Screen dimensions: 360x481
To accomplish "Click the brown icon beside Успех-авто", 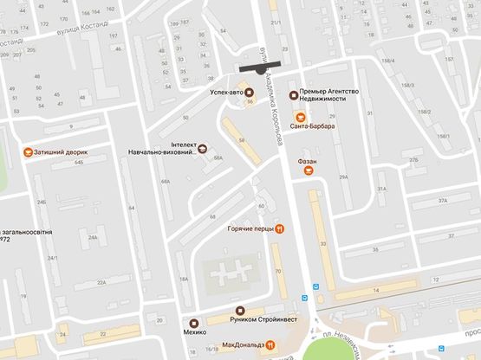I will pos(250,92).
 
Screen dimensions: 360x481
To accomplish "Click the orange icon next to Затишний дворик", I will pos(29,151).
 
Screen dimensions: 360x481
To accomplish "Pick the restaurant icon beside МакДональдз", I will pos(271,345).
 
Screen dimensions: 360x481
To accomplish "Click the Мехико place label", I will pos(193,331).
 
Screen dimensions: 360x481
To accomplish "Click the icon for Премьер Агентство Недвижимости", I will pos(294,94).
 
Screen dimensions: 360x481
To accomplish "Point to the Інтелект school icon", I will pos(204,148).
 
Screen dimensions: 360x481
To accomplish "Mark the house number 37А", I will pos(443,200).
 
